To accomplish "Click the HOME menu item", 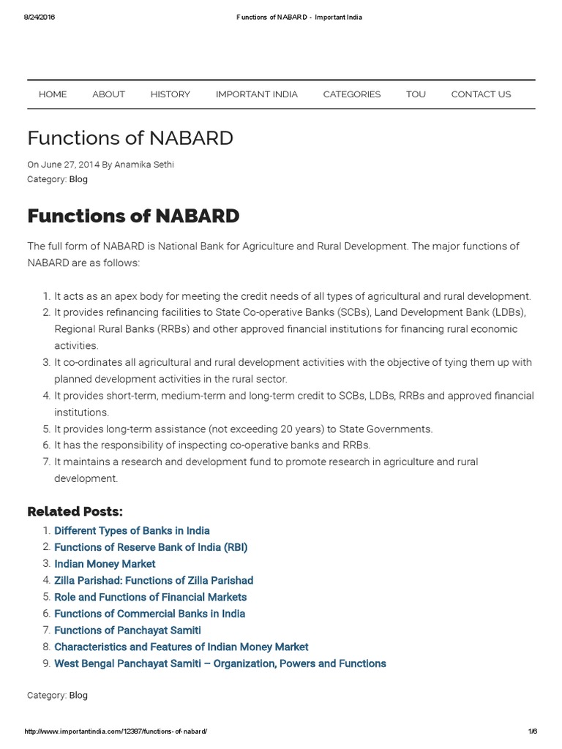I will pos(53,94).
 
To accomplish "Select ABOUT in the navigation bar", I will pos(108,94).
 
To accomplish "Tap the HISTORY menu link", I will pos(170,94).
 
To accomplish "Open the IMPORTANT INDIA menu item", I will pos(256,94).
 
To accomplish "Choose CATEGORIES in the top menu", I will pos(352,94).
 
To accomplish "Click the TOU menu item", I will pos(416,94).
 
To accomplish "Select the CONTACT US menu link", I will pos(481,94).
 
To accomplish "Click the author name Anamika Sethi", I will pos(144,165).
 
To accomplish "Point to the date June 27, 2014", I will pos(69,165).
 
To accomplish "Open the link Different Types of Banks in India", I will pos(132,531).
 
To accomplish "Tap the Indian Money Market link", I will pos(105,564).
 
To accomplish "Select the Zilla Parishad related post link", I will pos(154,581).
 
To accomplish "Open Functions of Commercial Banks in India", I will pos(149,614).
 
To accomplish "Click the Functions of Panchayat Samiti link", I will pos(127,631).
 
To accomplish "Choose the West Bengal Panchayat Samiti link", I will pos(220,663).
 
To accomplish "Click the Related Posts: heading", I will pos(75,511).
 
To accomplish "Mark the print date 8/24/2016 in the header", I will pos(40,17).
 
